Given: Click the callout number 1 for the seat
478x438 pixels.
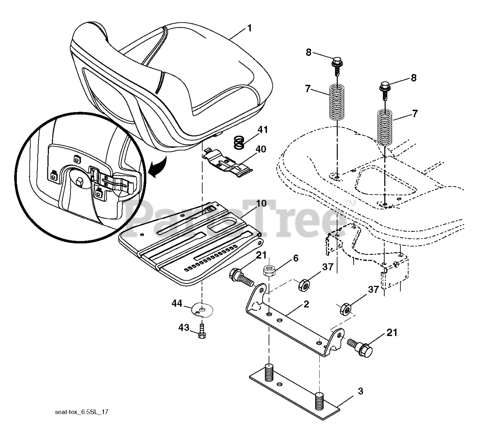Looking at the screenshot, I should coord(249,28).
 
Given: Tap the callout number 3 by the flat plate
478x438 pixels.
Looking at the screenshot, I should coord(360,391).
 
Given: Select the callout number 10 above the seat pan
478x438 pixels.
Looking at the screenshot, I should coord(261,204).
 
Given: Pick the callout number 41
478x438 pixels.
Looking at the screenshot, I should coord(263,130).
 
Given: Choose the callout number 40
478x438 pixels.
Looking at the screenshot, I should coord(261,149).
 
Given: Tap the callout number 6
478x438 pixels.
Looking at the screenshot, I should coord(296,258).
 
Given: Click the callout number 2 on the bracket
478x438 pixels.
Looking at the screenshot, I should coord(306,304).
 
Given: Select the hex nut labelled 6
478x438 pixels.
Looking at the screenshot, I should coord(269,270).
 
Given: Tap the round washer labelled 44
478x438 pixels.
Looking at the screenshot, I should coord(202,309).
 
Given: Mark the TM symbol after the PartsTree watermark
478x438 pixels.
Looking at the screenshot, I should coord(350,203).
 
